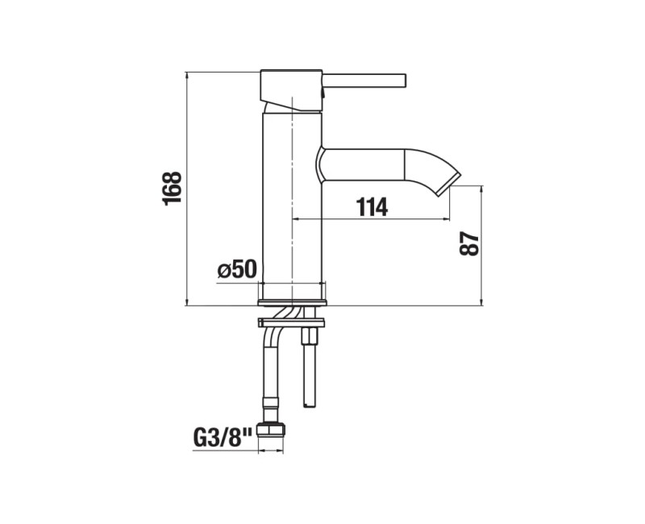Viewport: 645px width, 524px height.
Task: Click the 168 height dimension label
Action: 172,189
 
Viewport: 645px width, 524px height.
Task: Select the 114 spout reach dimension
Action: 372,207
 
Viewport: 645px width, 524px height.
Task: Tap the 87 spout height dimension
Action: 469,244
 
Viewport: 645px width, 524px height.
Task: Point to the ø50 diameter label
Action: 237,269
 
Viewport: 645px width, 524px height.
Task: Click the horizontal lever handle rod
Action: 364,81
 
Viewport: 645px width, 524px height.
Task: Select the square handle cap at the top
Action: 291,90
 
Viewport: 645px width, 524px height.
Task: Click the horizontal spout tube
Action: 361,164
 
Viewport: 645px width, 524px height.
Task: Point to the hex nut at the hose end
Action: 271,430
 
